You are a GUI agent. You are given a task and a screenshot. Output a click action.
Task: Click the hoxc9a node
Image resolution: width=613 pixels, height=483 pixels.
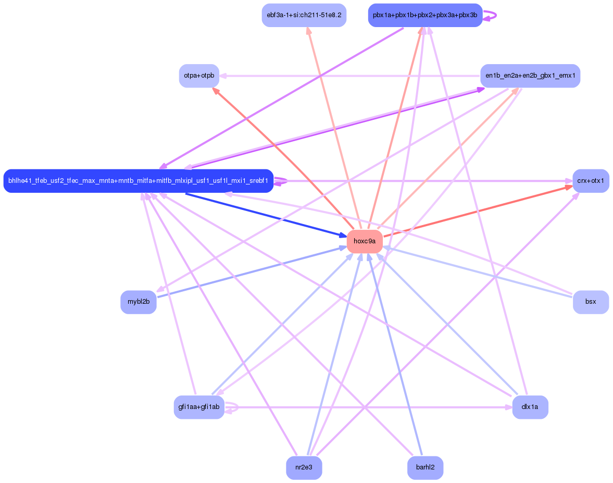click(365, 241)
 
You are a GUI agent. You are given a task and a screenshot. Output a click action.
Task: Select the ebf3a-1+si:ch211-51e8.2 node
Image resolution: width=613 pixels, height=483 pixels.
click(304, 15)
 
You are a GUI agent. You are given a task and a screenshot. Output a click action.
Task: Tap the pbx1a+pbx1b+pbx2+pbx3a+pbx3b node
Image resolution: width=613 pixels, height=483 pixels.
click(425, 15)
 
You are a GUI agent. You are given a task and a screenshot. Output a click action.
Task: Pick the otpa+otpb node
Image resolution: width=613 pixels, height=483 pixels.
click(199, 76)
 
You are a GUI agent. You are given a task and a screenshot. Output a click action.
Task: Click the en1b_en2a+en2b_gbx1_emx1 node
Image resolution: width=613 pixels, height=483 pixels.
click(530, 76)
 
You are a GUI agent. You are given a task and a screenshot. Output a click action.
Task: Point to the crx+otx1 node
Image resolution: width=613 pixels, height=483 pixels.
click(591, 181)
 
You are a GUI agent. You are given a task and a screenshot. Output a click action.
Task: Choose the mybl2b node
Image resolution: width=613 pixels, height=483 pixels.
click(139, 302)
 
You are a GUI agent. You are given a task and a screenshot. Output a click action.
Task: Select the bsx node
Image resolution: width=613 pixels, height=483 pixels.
click(591, 302)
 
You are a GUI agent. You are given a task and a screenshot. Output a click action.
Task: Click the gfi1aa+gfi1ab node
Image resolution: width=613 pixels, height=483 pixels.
click(199, 407)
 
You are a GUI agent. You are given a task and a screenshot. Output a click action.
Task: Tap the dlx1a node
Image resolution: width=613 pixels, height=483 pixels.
click(530, 407)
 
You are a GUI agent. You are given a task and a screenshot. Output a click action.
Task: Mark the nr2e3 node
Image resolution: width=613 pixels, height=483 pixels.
click(304, 467)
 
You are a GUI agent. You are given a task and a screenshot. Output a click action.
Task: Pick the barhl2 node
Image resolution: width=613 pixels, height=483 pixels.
click(425, 467)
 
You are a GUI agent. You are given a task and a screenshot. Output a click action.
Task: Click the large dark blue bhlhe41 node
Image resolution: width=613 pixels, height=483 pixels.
click(139, 181)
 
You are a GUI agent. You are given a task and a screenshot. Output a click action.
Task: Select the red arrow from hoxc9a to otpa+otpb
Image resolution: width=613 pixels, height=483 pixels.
click(284, 159)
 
